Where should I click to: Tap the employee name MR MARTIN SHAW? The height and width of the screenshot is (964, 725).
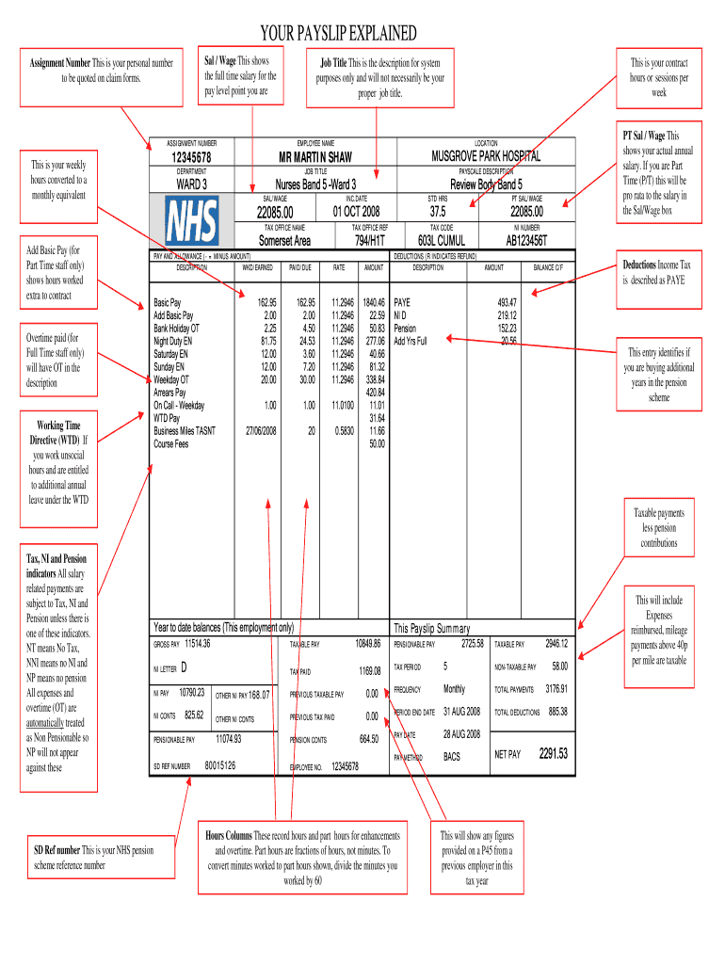click(314, 156)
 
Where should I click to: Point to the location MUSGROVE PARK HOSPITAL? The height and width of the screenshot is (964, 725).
click(486, 156)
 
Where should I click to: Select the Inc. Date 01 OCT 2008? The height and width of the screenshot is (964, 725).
click(356, 211)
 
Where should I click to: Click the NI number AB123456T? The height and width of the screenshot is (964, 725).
click(526, 240)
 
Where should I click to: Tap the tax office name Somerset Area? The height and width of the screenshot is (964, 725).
click(285, 240)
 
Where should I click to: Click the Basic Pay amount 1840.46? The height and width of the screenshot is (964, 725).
click(373, 302)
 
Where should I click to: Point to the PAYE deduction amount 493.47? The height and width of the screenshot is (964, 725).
click(507, 302)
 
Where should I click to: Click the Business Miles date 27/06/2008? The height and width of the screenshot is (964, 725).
click(259, 430)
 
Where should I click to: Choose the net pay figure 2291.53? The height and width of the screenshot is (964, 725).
click(553, 754)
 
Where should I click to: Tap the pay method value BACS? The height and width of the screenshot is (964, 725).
click(452, 756)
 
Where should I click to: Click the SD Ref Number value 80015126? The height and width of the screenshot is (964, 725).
click(221, 766)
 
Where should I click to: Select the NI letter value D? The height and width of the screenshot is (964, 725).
click(184, 668)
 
